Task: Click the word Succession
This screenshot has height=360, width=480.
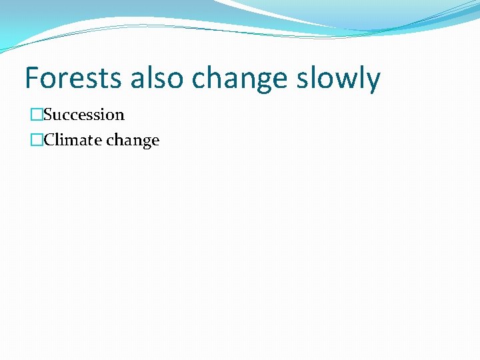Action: (x=84, y=115)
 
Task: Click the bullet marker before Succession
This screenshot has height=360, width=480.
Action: (x=36, y=115)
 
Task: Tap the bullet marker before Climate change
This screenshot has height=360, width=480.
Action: (x=36, y=141)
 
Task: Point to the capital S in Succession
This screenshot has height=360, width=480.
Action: (x=48, y=115)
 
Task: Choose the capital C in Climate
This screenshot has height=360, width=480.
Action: (x=49, y=141)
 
